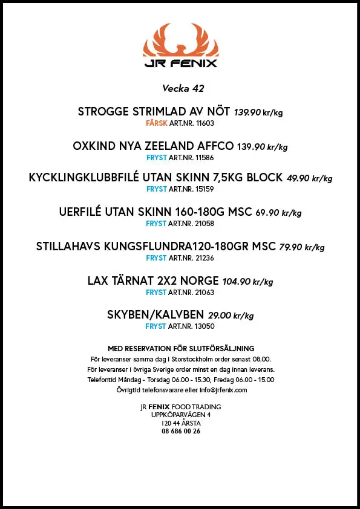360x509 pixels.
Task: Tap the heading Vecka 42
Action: click(x=183, y=88)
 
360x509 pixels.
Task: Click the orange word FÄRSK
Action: click(x=157, y=123)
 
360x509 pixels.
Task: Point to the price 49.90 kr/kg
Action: click(x=309, y=178)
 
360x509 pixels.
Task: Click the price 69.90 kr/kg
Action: click(x=278, y=213)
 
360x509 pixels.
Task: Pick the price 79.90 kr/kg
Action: click(x=301, y=247)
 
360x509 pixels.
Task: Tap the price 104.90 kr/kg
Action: click(x=247, y=282)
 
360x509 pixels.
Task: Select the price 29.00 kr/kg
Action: click(x=231, y=316)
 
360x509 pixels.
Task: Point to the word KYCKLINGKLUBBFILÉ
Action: click(x=88, y=178)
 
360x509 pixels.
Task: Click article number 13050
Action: click(x=203, y=326)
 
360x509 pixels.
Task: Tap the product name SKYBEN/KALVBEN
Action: click(x=155, y=316)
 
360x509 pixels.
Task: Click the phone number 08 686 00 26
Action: click(x=180, y=432)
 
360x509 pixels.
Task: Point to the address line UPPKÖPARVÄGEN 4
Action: click(x=180, y=415)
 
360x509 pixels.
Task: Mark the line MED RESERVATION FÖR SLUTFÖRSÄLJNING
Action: click(x=180, y=348)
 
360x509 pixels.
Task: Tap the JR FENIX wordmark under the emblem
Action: click(x=180, y=63)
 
